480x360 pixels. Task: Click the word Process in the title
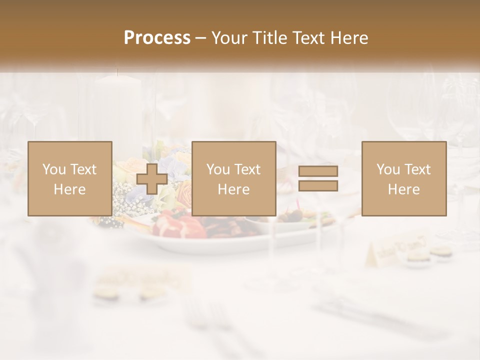157,38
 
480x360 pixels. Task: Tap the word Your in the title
229,38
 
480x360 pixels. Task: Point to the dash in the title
201,38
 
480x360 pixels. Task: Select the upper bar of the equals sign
318,171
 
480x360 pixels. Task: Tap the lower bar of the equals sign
318,186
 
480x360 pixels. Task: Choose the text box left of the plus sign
69,178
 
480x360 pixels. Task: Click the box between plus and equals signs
233,178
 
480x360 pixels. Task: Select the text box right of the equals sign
403,178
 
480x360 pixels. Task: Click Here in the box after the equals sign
403,189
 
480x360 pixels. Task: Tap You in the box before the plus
54,169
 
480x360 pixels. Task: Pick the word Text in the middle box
247,169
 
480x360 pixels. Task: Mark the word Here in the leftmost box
69,189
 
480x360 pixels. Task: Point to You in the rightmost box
388,169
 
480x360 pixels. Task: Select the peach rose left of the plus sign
125,167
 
